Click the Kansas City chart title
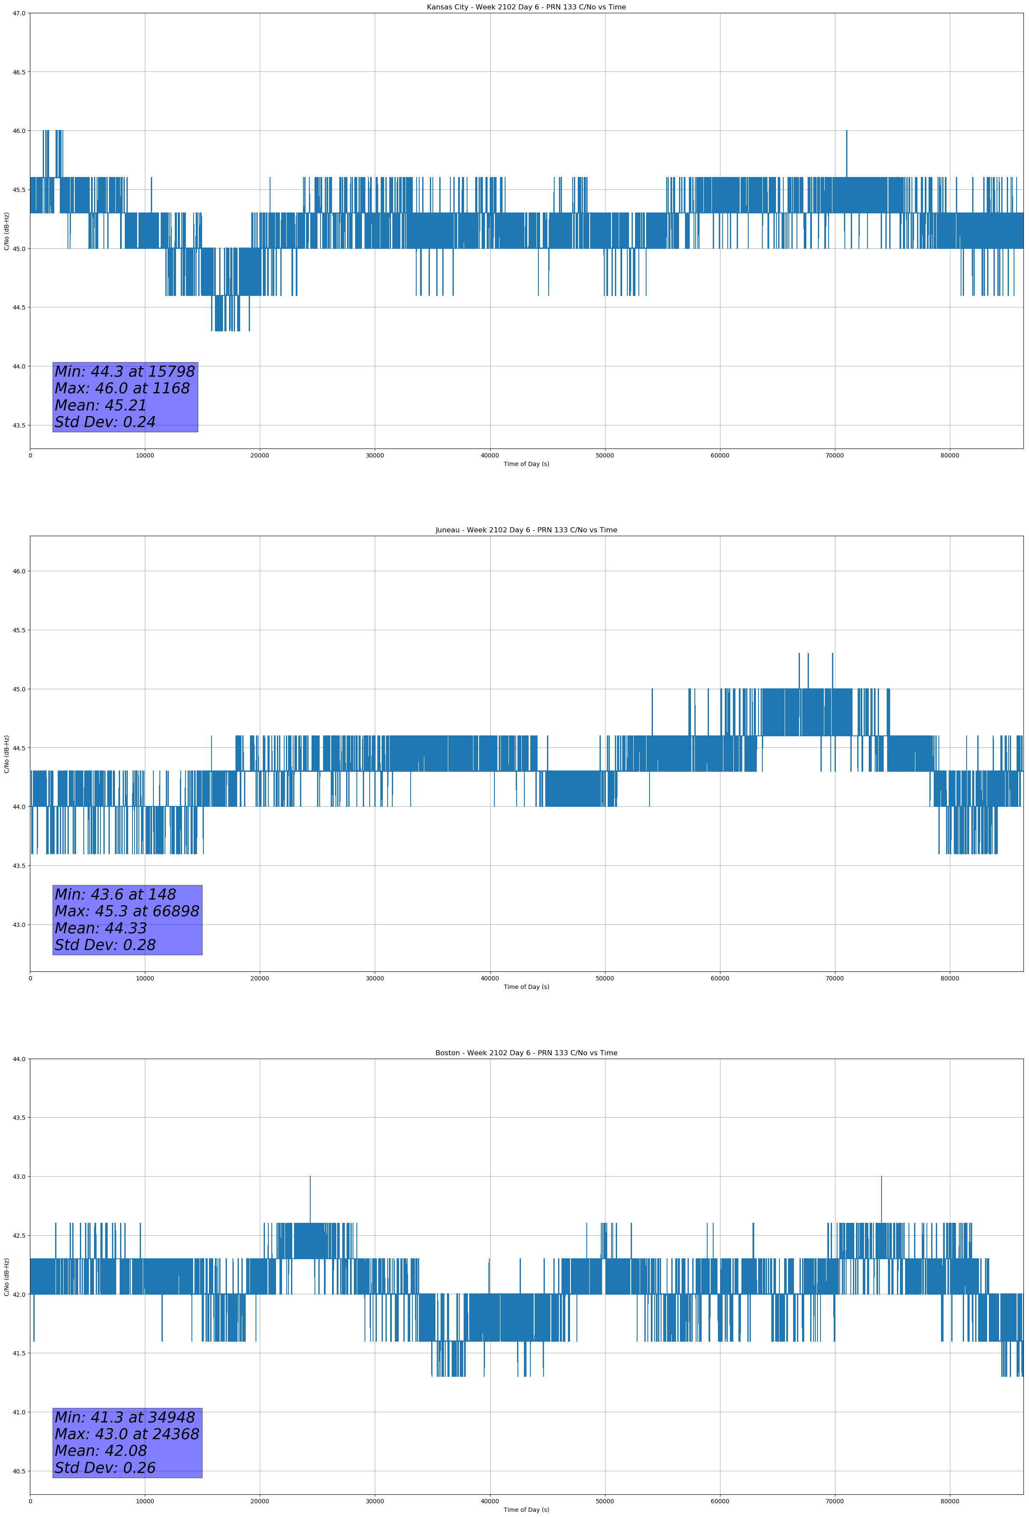tap(526, 7)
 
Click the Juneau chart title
tap(526, 530)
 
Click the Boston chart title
tap(526, 1053)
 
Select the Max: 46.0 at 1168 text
tap(122, 388)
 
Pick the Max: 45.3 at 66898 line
tap(126, 911)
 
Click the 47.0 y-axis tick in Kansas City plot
tap(19, 13)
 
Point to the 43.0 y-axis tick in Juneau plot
tap(19, 924)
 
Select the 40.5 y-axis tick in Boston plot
tap(19, 1471)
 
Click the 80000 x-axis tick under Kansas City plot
tap(950, 456)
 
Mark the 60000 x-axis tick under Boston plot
tap(720, 1501)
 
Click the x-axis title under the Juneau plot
tap(526, 987)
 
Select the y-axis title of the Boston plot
tap(6, 1276)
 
